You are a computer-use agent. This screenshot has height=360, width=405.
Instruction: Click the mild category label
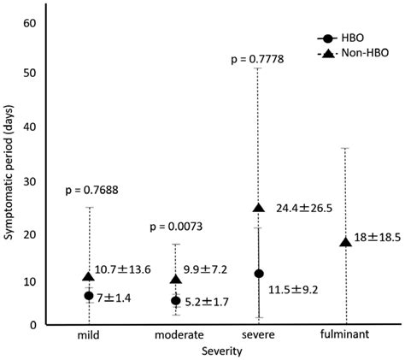[89, 335]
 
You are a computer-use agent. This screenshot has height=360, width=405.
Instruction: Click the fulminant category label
[343, 335]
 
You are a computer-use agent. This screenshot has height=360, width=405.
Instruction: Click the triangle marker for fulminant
[345, 242]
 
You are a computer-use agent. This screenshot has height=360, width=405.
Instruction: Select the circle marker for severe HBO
[258, 274]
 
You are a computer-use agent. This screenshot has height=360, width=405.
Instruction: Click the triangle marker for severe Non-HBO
[258, 208]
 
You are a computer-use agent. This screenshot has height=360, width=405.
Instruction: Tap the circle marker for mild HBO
[89, 295]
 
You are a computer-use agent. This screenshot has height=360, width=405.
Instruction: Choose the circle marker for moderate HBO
[176, 300]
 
